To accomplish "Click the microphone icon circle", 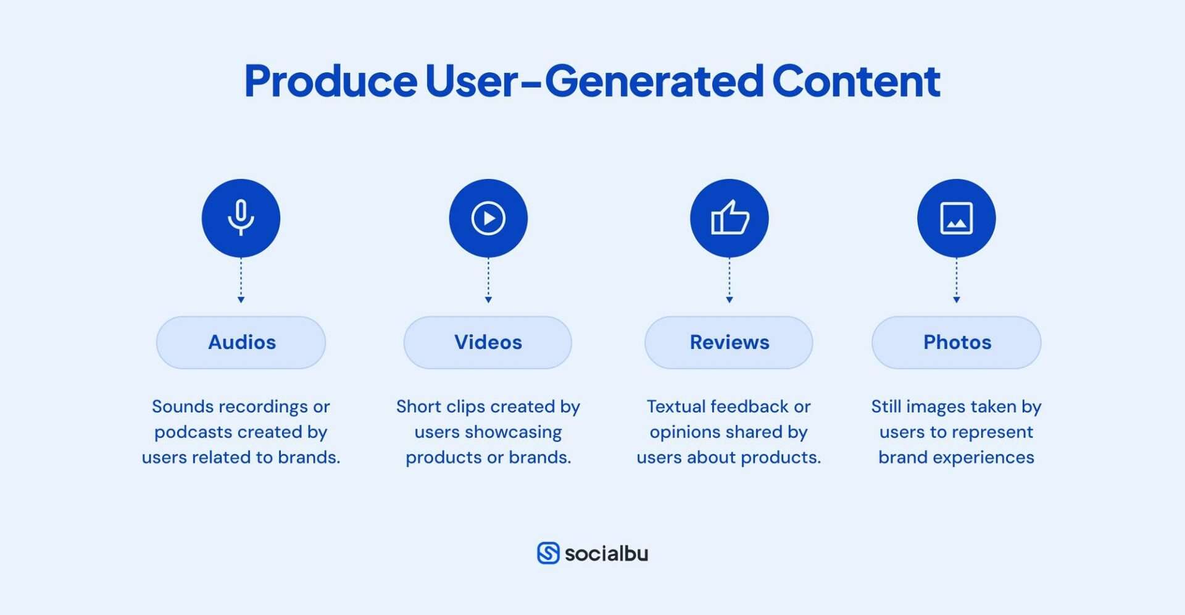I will click(241, 218).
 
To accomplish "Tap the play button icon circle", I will click(488, 218).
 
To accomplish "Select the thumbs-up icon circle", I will click(729, 218).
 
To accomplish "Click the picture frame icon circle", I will click(956, 218).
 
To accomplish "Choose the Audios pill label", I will click(241, 343).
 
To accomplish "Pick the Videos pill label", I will click(488, 343).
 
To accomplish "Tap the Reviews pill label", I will click(729, 343).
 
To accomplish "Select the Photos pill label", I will click(956, 343).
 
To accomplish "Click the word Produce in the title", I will click(331, 82).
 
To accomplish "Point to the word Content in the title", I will click(856, 82).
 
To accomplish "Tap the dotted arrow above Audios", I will click(241, 281).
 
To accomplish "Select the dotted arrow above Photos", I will click(956, 281).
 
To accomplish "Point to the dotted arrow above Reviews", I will click(729, 281).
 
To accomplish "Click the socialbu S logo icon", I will click(548, 553).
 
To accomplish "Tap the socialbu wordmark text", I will click(606, 554).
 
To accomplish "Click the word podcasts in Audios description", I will click(193, 432).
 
